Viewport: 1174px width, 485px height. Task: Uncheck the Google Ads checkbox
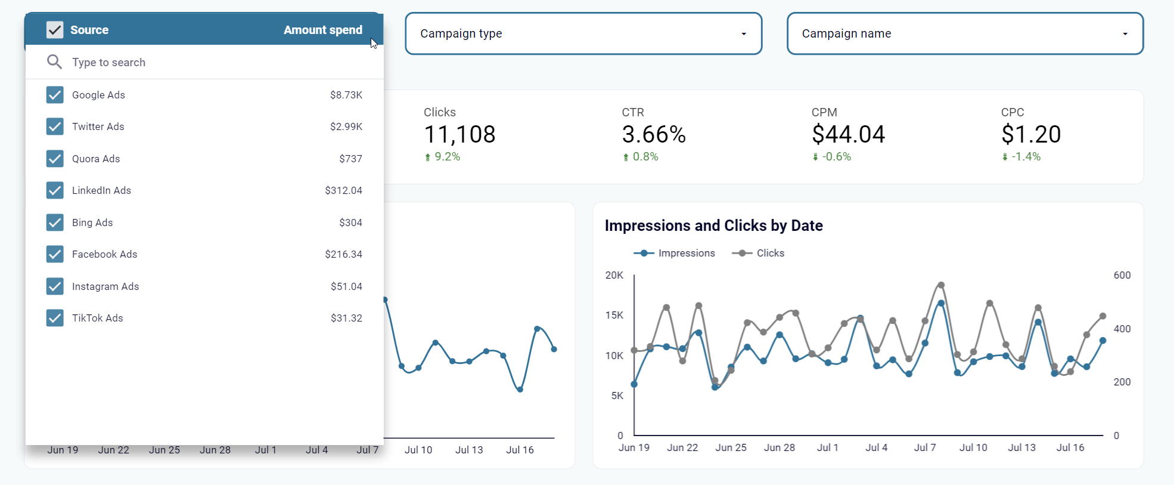(x=55, y=95)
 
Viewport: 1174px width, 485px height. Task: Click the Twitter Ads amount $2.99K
(x=346, y=126)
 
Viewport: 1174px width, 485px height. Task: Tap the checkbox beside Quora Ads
(x=55, y=159)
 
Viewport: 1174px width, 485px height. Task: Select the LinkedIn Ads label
(x=101, y=190)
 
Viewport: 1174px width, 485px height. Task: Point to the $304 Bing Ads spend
(x=350, y=223)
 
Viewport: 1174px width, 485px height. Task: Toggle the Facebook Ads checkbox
(x=55, y=254)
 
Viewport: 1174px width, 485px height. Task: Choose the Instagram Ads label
(x=105, y=286)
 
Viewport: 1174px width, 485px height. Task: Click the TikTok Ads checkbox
(x=55, y=318)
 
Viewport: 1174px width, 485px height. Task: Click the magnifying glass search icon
(x=54, y=61)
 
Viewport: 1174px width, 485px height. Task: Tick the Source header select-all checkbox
(x=55, y=30)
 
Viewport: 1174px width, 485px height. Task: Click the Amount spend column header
(x=322, y=30)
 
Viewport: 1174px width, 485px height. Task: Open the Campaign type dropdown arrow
(x=744, y=34)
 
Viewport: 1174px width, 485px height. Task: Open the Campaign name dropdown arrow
(x=1125, y=34)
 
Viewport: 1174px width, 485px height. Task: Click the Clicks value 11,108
(x=459, y=135)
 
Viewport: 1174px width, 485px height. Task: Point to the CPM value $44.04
(x=848, y=135)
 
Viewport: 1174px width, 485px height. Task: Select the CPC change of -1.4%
(x=1026, y=157)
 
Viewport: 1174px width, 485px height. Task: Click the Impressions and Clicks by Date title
(x=713, y=225)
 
